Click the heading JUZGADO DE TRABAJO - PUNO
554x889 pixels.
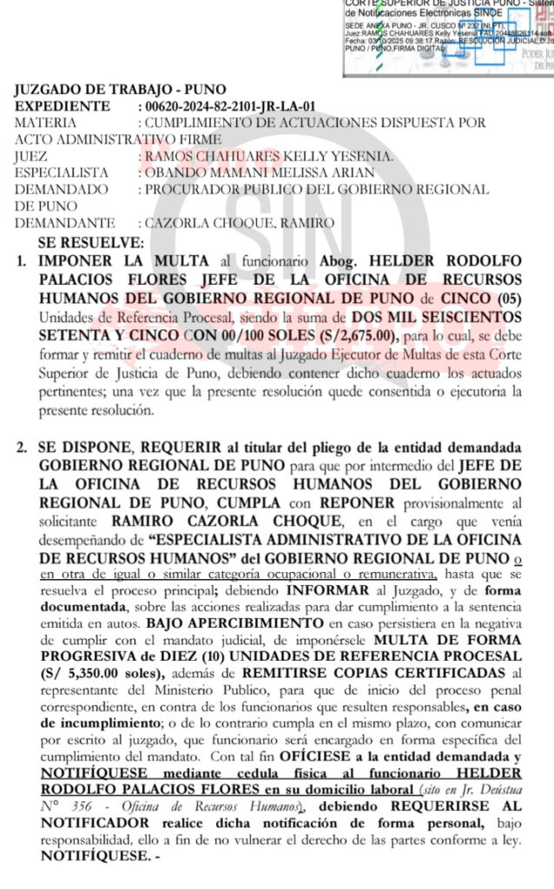click(x=120, y=89)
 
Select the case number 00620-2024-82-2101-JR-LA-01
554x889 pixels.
click(x=229, y=106)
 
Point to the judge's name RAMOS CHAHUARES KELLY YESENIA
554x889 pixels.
click(x=269, y=156)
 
